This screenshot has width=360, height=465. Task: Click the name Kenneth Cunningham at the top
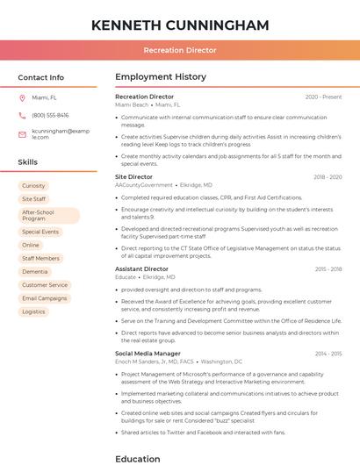(180, 25)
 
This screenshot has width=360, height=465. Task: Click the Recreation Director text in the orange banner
(180, 50)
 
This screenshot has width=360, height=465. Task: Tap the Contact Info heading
(40, 77)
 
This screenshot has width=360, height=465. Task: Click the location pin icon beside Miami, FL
(22, 98)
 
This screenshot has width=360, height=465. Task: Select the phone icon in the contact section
(22, 115)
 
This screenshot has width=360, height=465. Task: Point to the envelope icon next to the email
(22, 134)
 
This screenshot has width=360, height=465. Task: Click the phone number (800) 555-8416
(50, 115)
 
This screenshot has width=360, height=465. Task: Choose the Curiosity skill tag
(33, 186)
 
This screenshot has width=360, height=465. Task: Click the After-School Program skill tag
(38, 215)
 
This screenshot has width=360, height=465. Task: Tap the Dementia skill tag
(35, 272)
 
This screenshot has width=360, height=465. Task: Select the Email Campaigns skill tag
(44, 298)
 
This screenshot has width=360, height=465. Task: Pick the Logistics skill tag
(33, 311)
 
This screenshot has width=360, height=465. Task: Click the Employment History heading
(161, 77)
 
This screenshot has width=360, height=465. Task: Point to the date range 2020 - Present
(323, 97)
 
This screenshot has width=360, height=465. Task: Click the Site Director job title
(133, 177)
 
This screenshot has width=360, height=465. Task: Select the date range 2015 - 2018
(328, 269)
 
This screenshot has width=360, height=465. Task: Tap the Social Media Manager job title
(148, 354)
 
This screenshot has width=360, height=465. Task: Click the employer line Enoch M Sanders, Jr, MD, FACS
(155, 361)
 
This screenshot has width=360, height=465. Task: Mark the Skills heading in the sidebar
(28, 162)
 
